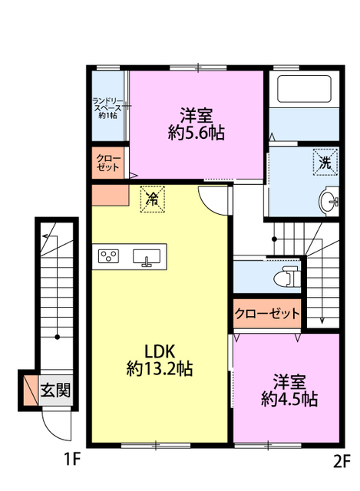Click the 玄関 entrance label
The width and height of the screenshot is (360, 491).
click(x=55, y=390)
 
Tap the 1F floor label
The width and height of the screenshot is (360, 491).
click(x=72, y=460)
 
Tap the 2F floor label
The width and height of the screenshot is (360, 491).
click(x=342, y=460)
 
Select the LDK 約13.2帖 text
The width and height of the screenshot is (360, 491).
click(x=159, y=360)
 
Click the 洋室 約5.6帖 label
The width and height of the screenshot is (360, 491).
click(x=197, y=124)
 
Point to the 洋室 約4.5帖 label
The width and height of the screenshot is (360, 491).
click(x=289, y=390)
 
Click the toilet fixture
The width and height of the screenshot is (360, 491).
click(x=286, y=276)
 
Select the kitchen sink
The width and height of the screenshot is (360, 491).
click(x=147, y=258)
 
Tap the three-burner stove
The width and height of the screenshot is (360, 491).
click(x=108, y=255)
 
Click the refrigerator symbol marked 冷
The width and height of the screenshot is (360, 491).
click(x=152, y=199)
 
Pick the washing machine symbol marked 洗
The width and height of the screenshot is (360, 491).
click(x=325, y=162)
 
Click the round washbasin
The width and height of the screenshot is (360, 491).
click(x=329, y=201)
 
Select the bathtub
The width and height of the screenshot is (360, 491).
click(x=304, y=89)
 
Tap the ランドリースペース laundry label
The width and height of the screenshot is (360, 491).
click(x=107, y=108)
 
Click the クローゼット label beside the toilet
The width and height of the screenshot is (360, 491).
click(x=267, y=313)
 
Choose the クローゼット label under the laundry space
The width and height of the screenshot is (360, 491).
click(x=107, y=162)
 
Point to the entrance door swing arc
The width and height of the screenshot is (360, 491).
click(x=50, y=429)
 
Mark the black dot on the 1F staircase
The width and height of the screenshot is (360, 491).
click(x=58, y=338)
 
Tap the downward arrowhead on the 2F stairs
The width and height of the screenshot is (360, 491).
click(x=322, y=320)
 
